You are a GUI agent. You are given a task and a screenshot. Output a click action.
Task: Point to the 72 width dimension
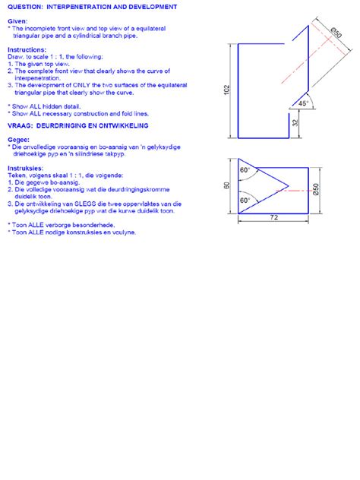pyautogui.click(x=275, y=217)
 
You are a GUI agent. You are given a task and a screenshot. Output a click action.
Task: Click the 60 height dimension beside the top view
pyautogui.click(x=226, y=185)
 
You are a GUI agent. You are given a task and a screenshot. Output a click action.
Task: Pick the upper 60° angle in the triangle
pyautogui.click(x=245, y=171)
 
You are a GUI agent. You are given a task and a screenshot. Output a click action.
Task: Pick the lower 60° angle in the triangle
pyautogui.click(x=245, y=201)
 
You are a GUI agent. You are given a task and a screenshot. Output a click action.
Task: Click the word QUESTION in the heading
pyautogui.click(x=24, y=5)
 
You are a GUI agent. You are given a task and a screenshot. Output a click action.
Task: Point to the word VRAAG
pyautogui.click(x=20, y=125)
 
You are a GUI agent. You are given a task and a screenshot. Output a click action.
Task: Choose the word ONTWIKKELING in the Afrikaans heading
pyautogui.click(x=120, y=125)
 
